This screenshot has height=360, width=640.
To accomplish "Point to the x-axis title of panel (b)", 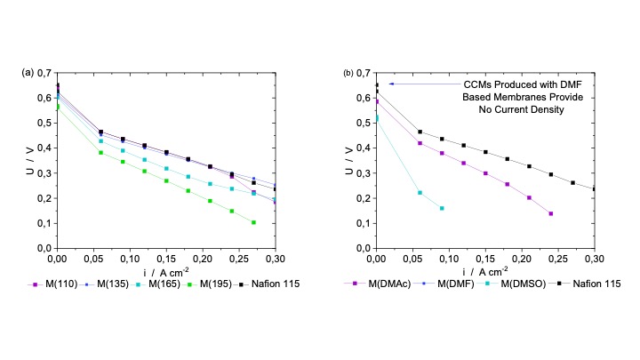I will point(484,270).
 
